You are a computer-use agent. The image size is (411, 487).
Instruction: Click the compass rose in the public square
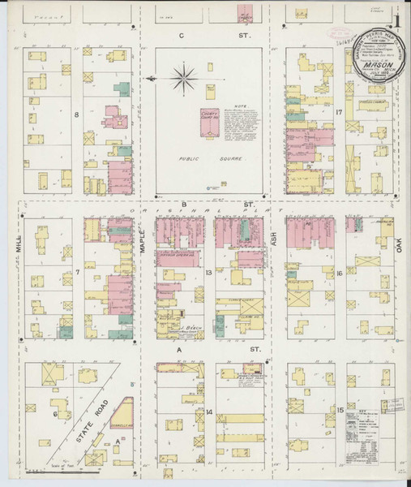click(184, 79)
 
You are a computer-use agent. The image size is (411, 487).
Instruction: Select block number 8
click(77, 115)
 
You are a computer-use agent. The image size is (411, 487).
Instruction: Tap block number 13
click(208, 273)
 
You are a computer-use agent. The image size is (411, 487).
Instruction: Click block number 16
click(340, 274)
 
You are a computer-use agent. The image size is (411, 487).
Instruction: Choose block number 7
click(77, 271)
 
